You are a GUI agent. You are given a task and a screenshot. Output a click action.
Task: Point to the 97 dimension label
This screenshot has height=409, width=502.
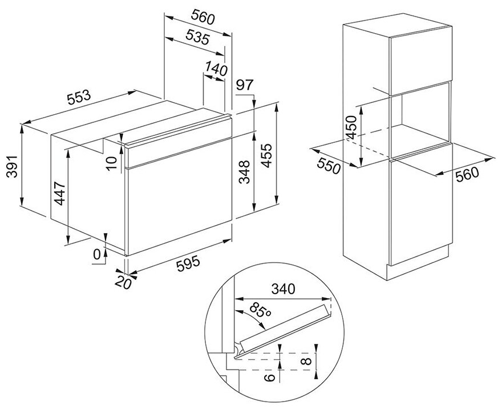(x=244, y=85)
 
